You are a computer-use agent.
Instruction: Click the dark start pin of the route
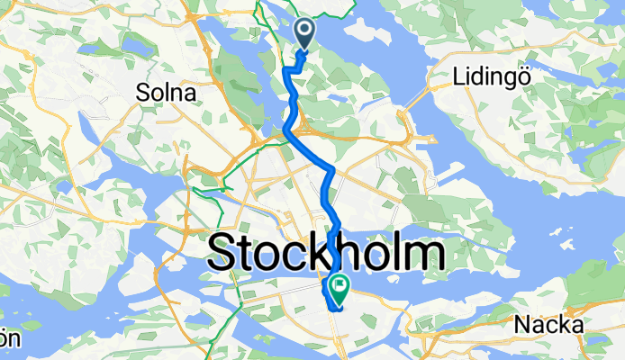point(304,34)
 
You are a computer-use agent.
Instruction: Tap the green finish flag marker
point(340,290)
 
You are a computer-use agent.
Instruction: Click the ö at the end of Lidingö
point(520,76)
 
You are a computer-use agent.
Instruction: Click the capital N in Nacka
point(520,324)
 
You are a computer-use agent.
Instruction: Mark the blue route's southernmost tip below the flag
point(335,310)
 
